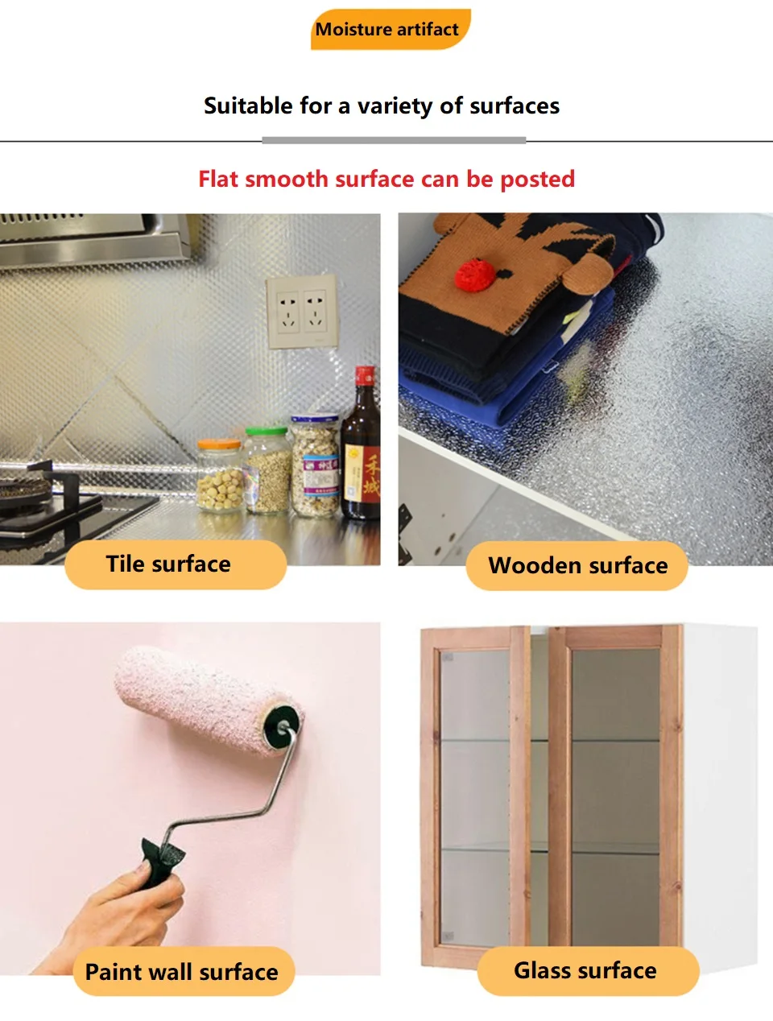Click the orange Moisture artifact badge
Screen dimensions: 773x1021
click(x=391, y=29)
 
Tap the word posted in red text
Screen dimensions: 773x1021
click(x=538, y=180)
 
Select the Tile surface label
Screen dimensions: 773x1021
click(x=176, y=564)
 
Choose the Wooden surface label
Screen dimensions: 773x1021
click(x=577, y=565)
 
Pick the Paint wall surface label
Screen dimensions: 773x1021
click(x=184, y=971)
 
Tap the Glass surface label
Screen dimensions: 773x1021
click(x=588, y=971)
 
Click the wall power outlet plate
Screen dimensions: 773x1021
click(x=302, y=311)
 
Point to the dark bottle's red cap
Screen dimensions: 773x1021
click(x=365, y=376)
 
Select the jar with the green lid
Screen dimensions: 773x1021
click(x=267, y=469)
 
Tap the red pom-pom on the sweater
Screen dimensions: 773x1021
click(x=476, y=275)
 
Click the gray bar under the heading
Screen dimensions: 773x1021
click(x=394, y=140)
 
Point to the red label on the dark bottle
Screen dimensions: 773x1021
click(x=370, y=474)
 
